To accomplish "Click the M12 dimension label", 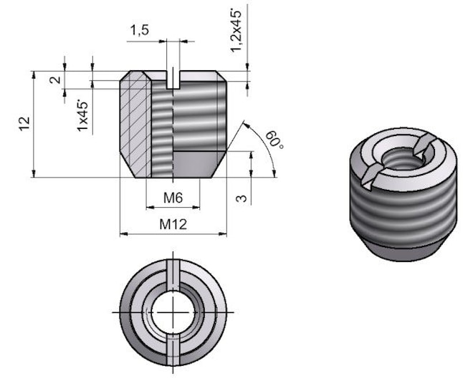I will click(173, 224).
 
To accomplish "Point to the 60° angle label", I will click(274, 140).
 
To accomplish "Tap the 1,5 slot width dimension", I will click(139, 30).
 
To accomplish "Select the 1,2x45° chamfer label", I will click(237, 29).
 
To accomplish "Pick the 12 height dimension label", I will click(24, 123).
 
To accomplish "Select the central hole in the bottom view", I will click(173, 312).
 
